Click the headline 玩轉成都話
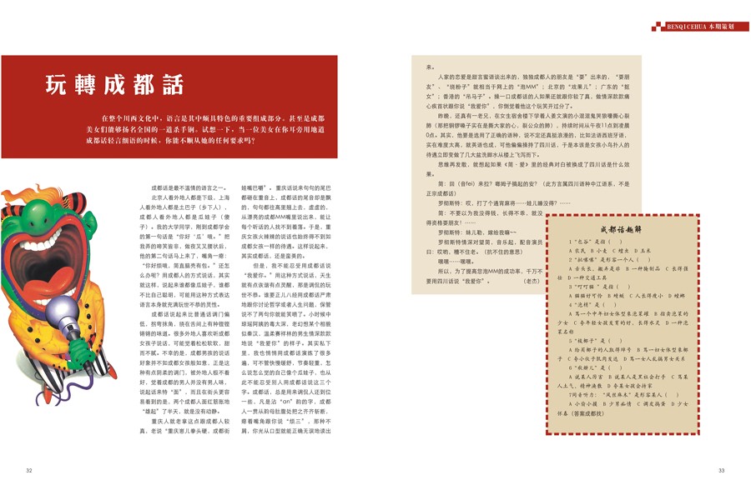tap(115, 84)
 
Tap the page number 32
tap(28, 471)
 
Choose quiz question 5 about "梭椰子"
tap(589, 341)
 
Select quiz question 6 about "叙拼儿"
tap(589, 367)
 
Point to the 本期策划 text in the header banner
tap(723, 27)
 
